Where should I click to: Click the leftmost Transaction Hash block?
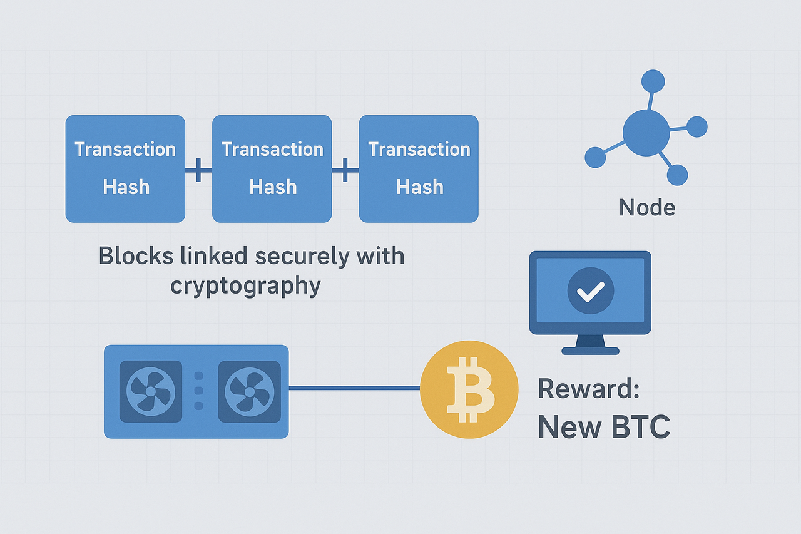pyautogui.click(x=125, y=168)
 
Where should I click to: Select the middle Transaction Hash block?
pyautogui.click(x=272, y=168)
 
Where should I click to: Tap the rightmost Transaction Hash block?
pyautogui.click(x=419, y=168)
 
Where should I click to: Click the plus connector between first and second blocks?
pyautogui.click(x=198, y=170)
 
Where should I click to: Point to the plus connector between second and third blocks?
pyautogui.click(x=345, y=170)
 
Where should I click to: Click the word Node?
pyautogui.click(x=647, y=207)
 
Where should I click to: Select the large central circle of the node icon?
pyautogui.click(x=646, y=132)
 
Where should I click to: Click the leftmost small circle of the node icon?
pyautogui.click(x=595, y=157)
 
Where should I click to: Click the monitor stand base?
pyautogui.click(x=590, y=351)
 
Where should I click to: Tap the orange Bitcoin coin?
pyautogui.click(x=469, y=389)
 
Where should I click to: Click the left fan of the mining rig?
pyautogui.click(x=151, y=391)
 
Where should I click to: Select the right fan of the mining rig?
pyautogui.click(x=249, y=391)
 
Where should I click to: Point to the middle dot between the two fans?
pyautogui.click(x=200, y=391)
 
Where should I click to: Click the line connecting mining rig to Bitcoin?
pyautogui.click(x=354, y=388)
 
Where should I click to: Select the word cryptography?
pyautogui.click(x=245, y=285)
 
